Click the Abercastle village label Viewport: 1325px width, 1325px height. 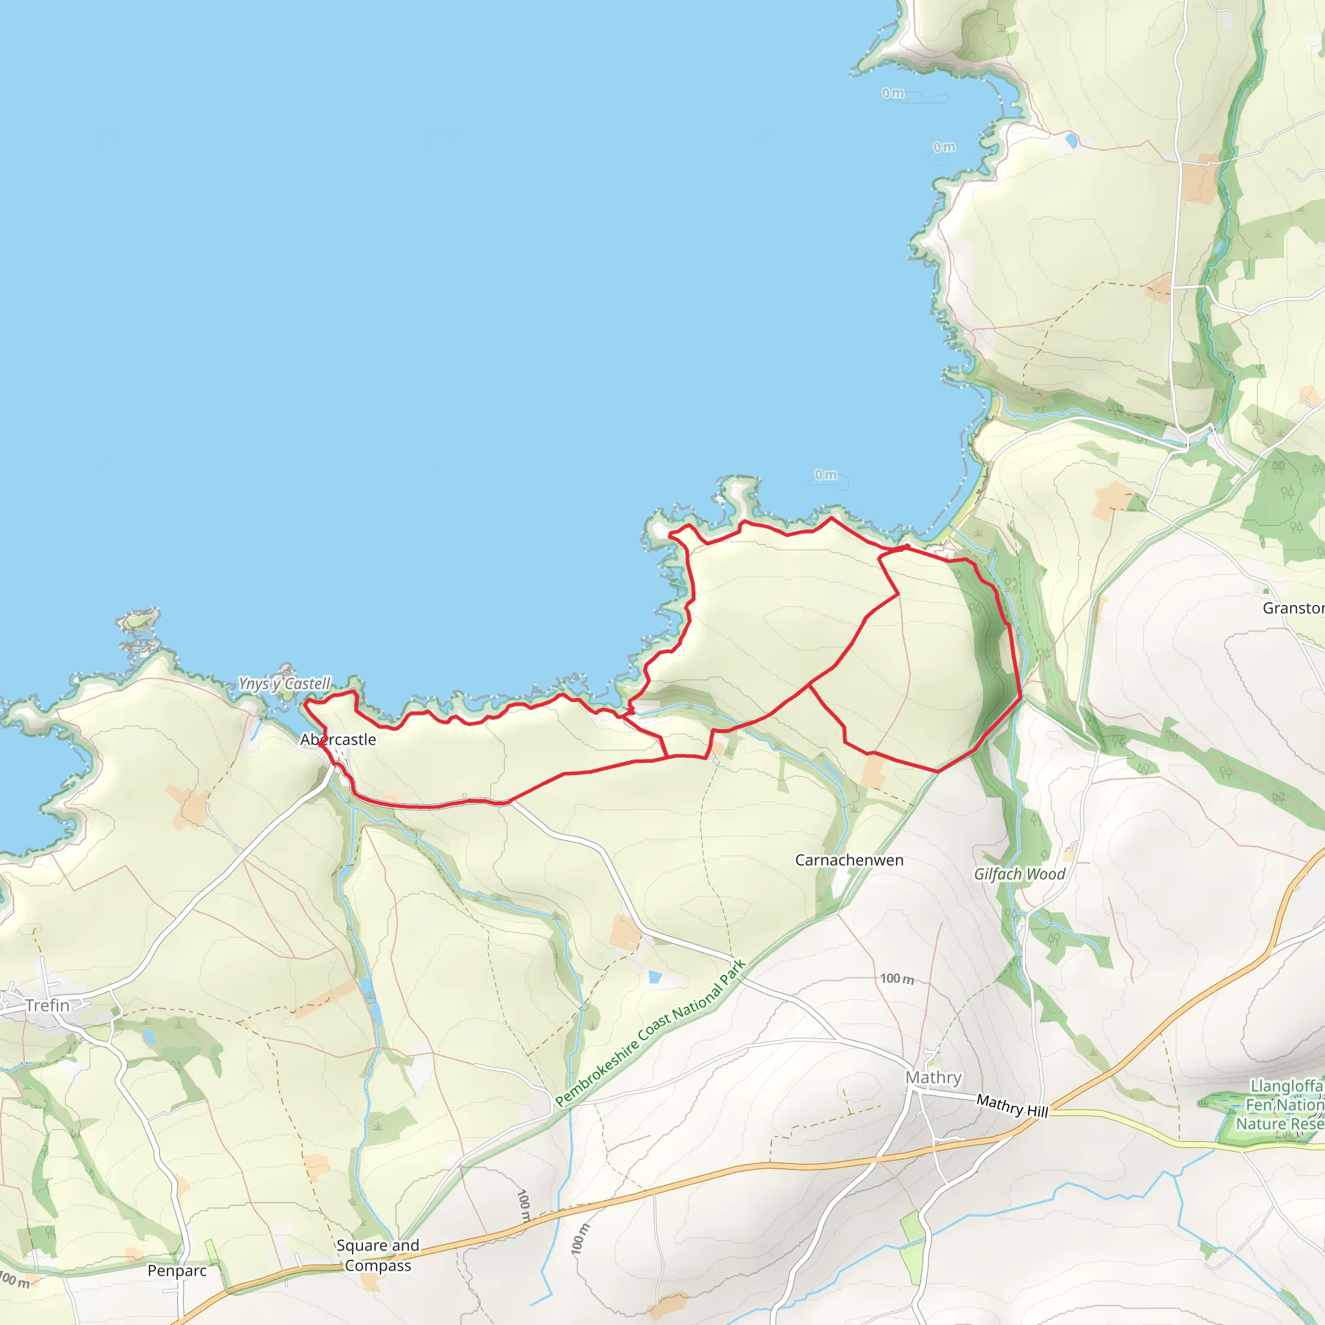point(338,740)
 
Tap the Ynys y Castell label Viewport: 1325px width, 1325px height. point(284,684)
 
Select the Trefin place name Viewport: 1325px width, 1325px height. point(47,1005)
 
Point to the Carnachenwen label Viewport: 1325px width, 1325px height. point(849,860)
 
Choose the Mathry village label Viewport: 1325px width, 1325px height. point(934,1077)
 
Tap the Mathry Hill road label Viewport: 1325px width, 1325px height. point(1013,1106)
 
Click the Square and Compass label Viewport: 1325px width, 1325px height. point(378,1255)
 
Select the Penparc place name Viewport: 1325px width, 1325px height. point(177,1271)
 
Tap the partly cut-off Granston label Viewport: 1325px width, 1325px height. point(1293,608)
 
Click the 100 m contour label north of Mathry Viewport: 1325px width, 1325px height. point(896,979)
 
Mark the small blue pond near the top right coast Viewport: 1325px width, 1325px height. point(1071,141)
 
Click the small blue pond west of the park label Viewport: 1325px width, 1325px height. point(655,976)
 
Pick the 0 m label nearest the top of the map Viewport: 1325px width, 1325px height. point(893,93)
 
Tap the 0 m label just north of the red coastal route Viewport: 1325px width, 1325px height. point(826,475)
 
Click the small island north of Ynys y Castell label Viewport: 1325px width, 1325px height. point(139,620)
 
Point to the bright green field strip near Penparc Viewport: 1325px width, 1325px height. point(212,1253)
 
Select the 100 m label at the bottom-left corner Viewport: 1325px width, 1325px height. point(14,1280)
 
